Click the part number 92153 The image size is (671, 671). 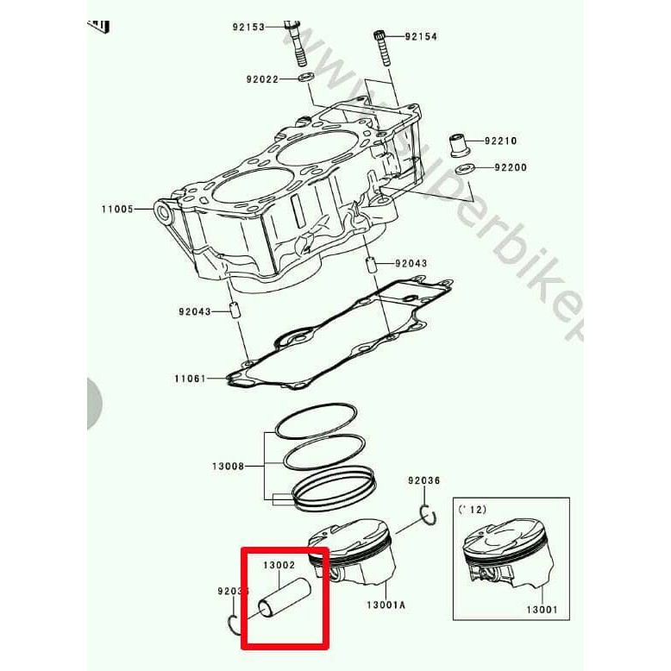pyautogui.click(x=249, y=27)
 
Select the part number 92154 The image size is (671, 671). pyautogui.click(x=422, y=36)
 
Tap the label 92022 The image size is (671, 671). pyautogui.click(x=263, y=79)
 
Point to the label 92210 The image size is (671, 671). pyautogui.click(x=499, y=140)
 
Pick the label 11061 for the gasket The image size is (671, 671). pyautogui.click(x=190, y=379)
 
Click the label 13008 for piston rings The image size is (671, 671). pyautogui.click(x=229, y=467)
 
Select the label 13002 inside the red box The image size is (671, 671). pyautogui.click(x=279, y=565)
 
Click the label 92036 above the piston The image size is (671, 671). pyautogui.click(x=424, y=480)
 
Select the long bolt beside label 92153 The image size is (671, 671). pyautogui.click(x=295, y=44)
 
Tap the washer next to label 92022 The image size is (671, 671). pyautogui.click(x=306, y=79)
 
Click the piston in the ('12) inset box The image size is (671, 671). pyautogui.click(x=504, y=556)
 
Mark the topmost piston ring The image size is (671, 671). pyautogui.click(x=313, y=417)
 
